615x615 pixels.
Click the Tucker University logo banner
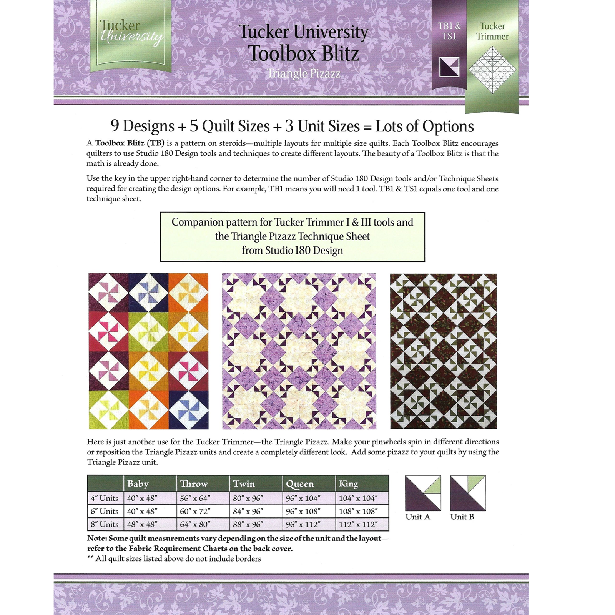(x=130, y=37)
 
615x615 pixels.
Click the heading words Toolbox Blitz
(x=303, y=53)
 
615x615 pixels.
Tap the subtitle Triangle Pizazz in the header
(x=304, y=73)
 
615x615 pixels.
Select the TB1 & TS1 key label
(x=449, y=31)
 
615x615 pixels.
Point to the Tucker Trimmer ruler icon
(x=492, y=70)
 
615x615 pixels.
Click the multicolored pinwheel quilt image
(x=148, y=351)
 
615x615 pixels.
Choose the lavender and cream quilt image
(x=299, y=351)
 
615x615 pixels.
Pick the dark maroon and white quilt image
(x=444, y=351)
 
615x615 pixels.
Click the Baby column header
(x=138, y=484)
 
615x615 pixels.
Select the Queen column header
(x=299, y=484)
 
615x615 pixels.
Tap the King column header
(x=348, y=484)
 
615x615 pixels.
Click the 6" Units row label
(x=105, y=511)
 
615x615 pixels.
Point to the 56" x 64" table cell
(x=195, y=498)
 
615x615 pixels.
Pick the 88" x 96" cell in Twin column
(x=248, y=524)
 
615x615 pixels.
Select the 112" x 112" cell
(x=358, y=524)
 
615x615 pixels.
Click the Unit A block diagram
(x=423, y=493)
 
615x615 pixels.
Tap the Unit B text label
(x=462, y=517)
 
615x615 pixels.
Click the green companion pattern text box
(x=293, y=237)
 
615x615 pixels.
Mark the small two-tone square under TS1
(x=449, y=66)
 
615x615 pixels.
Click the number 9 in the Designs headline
(x=115, y=125)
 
